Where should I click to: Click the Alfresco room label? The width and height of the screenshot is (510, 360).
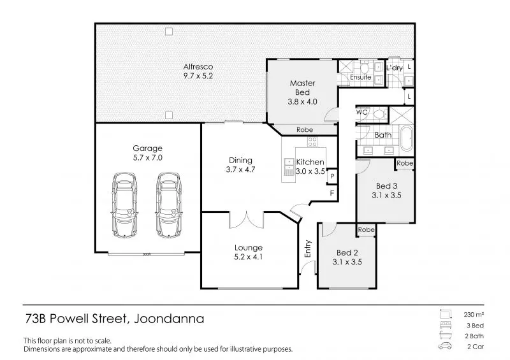[198, 67]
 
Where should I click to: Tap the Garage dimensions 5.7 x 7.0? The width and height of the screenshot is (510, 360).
[148, 158]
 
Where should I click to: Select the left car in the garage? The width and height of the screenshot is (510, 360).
[124, 205]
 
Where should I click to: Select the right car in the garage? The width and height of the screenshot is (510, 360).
[168, 205]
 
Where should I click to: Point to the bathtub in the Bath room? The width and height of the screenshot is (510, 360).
[406, 139]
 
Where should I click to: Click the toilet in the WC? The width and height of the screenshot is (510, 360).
[380, 115]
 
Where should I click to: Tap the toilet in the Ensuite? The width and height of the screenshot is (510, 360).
[364, 68]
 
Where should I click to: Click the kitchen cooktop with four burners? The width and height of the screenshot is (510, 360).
[312, 142]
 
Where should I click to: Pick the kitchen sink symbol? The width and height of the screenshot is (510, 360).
[289, 167]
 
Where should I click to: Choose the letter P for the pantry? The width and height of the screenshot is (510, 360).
[332, 176]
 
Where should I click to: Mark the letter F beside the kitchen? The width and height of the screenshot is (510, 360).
[332, 193]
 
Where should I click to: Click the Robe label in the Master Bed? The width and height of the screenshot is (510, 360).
[305, 130]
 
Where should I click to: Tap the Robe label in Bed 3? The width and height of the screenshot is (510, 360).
[405, 163]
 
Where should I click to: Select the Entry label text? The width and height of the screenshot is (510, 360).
[308, 248]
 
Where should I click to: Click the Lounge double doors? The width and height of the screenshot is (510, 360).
[247, 220]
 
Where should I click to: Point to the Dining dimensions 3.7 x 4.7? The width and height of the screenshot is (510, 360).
[241, 169]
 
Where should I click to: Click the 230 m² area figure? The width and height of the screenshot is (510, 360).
[474, 315]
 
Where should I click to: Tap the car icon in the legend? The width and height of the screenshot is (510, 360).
[444, 346]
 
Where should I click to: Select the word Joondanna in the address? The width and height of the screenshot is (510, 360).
[169, 319]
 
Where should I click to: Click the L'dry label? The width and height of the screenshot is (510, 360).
[395, 68]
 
